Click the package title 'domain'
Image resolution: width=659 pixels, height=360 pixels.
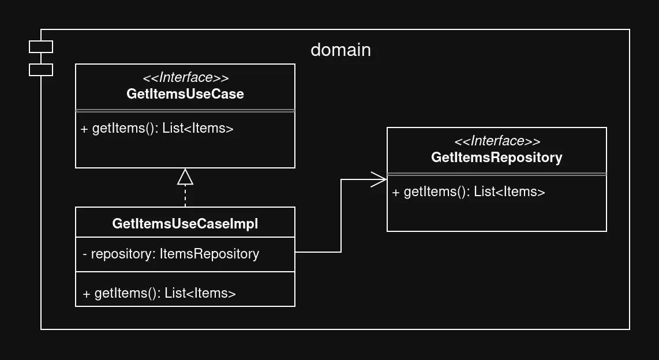pos(340,50)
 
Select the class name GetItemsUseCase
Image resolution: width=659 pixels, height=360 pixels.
pos(185,94)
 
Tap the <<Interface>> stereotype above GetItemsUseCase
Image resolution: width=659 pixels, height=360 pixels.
pos(185,78)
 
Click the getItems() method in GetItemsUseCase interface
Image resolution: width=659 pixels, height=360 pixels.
pos(157,129)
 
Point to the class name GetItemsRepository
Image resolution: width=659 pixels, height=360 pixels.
pos(496,157)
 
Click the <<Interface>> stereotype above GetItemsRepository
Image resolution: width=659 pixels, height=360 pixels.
pos(496,141)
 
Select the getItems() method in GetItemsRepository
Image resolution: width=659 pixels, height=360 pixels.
pos(468,192)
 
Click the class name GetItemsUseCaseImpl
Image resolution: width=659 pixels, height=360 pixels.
pos(185,224)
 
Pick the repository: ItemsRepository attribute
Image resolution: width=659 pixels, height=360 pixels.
pos(171,254)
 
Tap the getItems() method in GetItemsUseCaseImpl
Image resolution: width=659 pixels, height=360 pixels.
pos(159,294)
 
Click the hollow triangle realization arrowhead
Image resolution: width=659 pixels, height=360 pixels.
pos(185,177)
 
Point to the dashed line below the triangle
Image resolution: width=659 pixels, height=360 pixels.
pos(185,196)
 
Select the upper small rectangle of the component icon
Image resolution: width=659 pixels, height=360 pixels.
pos(41,47)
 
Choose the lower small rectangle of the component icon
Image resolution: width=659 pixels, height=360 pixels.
pos(41,70)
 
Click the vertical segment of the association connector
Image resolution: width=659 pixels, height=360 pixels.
pos(341,216)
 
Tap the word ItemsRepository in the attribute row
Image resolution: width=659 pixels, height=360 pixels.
pos(209,254)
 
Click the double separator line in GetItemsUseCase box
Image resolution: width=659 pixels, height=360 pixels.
pos(185,110)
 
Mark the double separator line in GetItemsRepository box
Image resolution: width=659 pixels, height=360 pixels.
pos(496,174)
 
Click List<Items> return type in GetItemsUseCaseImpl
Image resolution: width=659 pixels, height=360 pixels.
pos(200,294)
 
